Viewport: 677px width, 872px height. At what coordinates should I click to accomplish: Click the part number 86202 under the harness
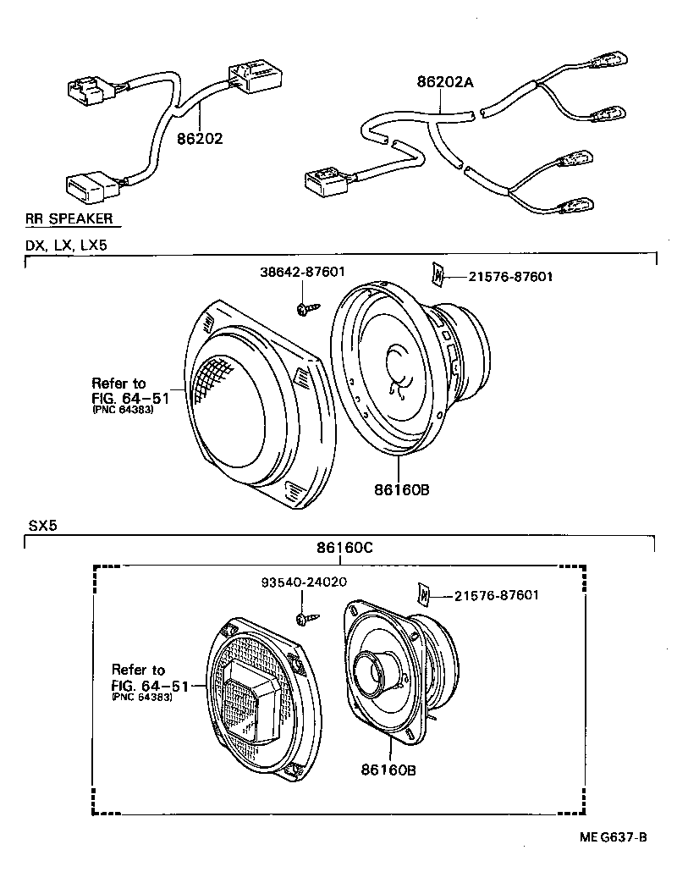tap(200, 139)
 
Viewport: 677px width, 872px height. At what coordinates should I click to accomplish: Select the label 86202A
tap(444, 82)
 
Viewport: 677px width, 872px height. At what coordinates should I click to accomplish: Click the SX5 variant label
tap(42, 525)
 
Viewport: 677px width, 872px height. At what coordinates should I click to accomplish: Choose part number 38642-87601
tap(302, 272)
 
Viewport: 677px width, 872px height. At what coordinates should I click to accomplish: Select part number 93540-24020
tap(304, 582)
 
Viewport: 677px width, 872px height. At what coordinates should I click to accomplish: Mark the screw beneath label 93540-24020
tap(306, 619)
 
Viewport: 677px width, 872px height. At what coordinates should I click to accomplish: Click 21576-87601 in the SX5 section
tap(496, 595)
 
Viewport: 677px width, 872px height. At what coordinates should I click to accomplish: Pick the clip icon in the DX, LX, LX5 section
tap(438, 275)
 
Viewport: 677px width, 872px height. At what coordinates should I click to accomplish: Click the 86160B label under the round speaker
tap(396, 488)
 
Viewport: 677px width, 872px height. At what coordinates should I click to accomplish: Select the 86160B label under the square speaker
tap(388, 770)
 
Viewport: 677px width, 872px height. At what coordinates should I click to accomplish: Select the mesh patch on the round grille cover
tap(211, 376)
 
